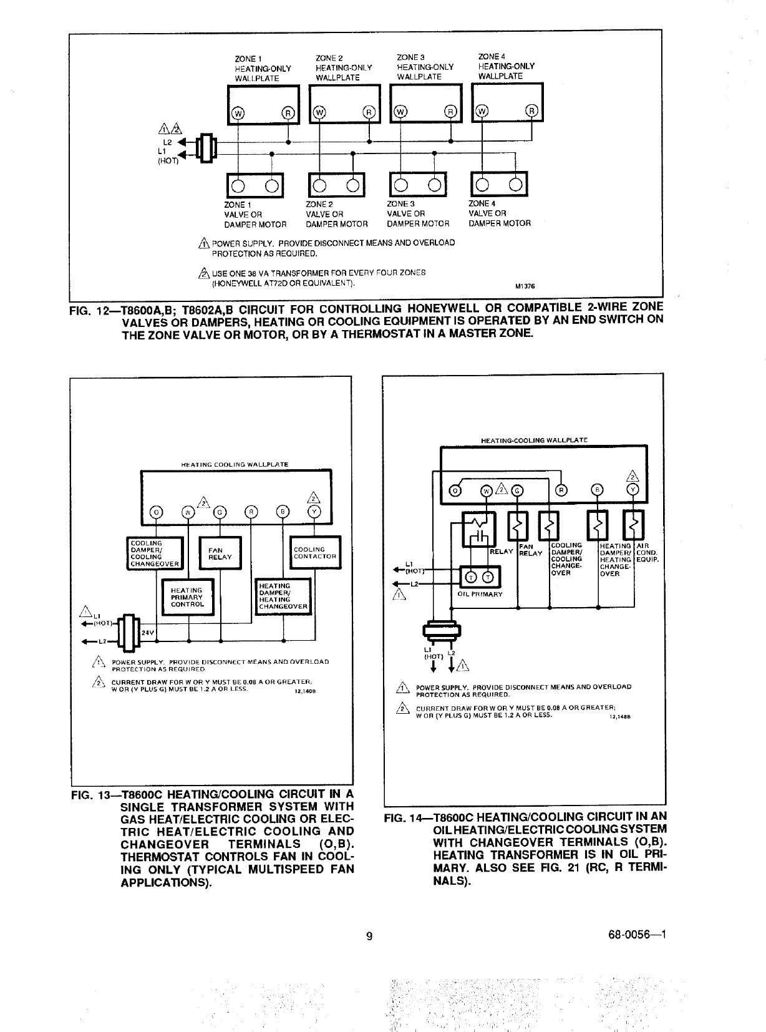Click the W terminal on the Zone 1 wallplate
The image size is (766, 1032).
coord(238,113)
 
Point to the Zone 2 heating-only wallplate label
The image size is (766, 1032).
coord(344,67)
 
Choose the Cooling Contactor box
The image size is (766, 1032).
coord(315,553)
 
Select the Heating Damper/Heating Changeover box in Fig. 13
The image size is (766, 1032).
coord(283,596)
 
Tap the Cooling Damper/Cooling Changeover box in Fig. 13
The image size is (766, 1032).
coord(155,553)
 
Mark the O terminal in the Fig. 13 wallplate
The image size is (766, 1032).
coord(157,512)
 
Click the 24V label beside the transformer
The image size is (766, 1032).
coord(147,633)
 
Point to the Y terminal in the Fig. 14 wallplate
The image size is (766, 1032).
coord(634,489)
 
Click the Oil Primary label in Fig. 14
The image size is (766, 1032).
coord(480,594)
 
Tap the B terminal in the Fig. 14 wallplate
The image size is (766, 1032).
coord(597,489)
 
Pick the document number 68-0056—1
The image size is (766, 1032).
coord(637,935)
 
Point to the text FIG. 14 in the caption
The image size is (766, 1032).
coord(406,817)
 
